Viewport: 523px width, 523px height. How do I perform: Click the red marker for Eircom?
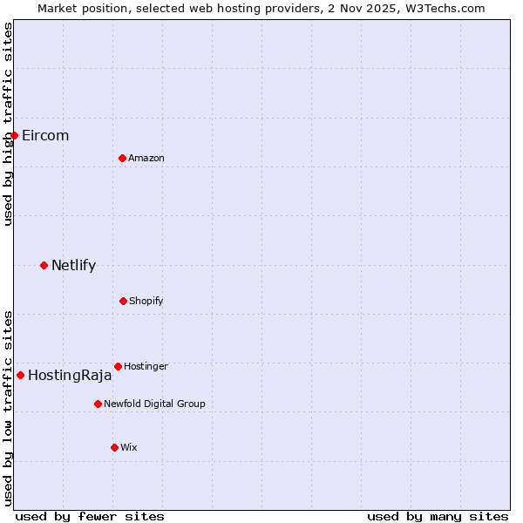(14, 135)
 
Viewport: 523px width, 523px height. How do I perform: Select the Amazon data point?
(122, 158)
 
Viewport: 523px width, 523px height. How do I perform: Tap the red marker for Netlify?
(44, 265)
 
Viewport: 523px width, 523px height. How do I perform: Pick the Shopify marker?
(123, 301)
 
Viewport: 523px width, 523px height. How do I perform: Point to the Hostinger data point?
(118, 366)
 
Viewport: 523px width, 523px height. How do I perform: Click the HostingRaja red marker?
(20, 375)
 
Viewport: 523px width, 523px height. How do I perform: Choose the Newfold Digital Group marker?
(98, 404)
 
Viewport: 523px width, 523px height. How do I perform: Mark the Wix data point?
(114, 447)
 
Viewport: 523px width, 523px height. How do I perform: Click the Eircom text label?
(45, 136)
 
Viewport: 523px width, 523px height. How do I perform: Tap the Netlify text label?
(73, 266)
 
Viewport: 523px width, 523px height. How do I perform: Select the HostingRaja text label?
(70, 376)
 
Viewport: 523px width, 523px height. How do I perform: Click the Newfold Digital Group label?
(154, 404)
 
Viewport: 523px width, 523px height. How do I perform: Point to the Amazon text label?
(146, 158)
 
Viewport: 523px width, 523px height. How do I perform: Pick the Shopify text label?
(146, 301)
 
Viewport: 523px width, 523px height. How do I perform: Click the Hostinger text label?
(146, 366)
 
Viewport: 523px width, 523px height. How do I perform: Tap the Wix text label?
(129, 447)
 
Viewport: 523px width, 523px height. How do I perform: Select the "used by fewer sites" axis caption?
(90, 516)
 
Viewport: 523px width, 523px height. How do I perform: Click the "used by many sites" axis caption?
(438, 516)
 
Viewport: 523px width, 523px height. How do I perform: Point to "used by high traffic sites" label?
(8, 124)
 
